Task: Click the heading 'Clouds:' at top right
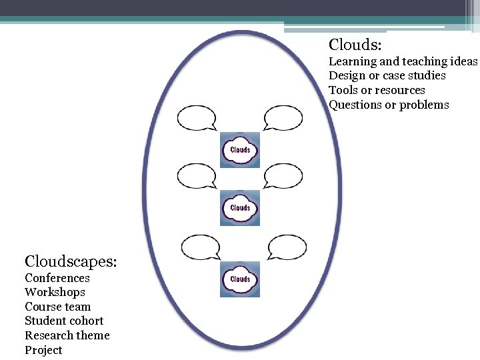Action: (x=355, y=45)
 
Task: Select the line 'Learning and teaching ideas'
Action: (x=403, y=61)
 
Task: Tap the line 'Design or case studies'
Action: (x=387, y=76)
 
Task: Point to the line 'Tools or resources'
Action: (x=377, y=90)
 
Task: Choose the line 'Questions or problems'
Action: (x=389, y=105)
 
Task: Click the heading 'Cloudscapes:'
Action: (x=71, y=261)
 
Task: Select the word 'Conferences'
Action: (x=57, y=278)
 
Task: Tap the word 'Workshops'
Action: (x=55, y=292)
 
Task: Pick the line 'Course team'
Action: (x=57, y=307)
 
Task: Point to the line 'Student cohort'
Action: (x=64, y=321)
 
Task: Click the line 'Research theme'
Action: (x=67, y=335)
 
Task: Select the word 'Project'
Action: (x=43, y=350)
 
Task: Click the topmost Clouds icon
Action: (x=240, y=150)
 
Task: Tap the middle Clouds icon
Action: (x=240, y=208)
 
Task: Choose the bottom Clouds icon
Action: (x=240, y=279)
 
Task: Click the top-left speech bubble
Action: (x=196, y=118)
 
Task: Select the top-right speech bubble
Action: (x=283, y=118)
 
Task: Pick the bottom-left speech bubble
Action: (x=200, y=247)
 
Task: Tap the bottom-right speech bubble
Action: (x=287, y=247)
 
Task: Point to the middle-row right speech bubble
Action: (x=283, y=177)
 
